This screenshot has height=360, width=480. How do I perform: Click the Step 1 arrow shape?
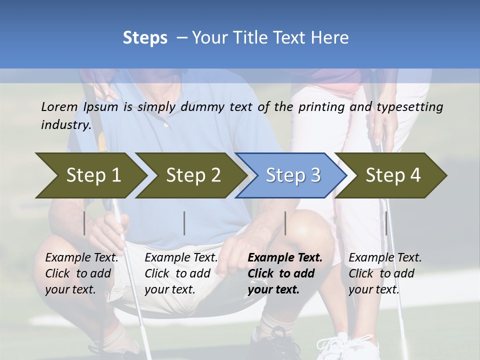coord(90,175)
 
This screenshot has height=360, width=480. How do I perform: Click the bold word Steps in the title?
coord(145,37)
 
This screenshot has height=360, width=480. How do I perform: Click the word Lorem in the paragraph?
coord(59,106)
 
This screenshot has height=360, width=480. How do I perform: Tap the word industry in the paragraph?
coord(65,124)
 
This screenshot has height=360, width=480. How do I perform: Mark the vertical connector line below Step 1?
coord(84,223)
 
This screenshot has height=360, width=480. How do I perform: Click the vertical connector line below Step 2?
coord(184,223)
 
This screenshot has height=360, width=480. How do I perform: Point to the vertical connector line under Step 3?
coord(285,223)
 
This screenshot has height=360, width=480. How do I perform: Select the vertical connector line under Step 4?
coord(386,223)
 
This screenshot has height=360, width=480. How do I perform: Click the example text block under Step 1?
coord(81,273)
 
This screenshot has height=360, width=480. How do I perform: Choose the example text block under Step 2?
coord(181,273)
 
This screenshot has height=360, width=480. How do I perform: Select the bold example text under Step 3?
coord(285,273)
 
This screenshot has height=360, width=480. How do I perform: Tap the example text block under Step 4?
coord(385,273)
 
